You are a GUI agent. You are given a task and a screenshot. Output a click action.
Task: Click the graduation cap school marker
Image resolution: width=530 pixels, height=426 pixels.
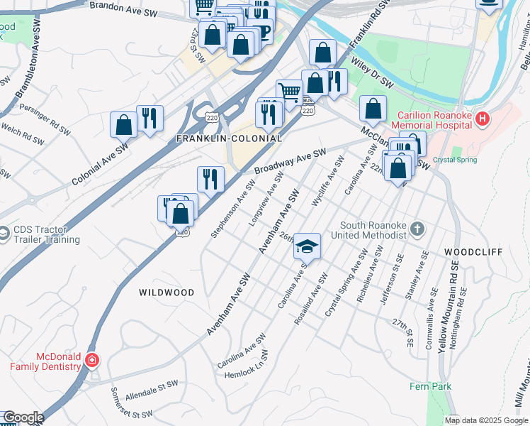(307, 246)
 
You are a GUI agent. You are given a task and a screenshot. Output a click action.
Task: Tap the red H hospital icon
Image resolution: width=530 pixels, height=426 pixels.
(483, 119)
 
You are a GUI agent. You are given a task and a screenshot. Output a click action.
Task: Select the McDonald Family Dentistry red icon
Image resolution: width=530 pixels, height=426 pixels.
(91, 361)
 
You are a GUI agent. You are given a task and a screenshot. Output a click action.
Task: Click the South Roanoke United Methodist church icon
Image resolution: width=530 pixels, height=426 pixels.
(418, 229)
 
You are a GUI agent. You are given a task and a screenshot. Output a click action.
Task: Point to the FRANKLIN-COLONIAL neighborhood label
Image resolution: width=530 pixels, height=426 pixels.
(229, 138)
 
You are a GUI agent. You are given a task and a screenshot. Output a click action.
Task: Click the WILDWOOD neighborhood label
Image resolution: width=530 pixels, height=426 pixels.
(167, 292)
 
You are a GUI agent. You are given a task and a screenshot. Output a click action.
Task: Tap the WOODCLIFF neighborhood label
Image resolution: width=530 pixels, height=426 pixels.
(473, 252)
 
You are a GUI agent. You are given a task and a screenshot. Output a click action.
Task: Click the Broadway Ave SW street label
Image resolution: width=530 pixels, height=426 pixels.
(290, 162)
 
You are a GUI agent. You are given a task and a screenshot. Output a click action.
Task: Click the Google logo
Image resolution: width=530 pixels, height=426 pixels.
(23, 417)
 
